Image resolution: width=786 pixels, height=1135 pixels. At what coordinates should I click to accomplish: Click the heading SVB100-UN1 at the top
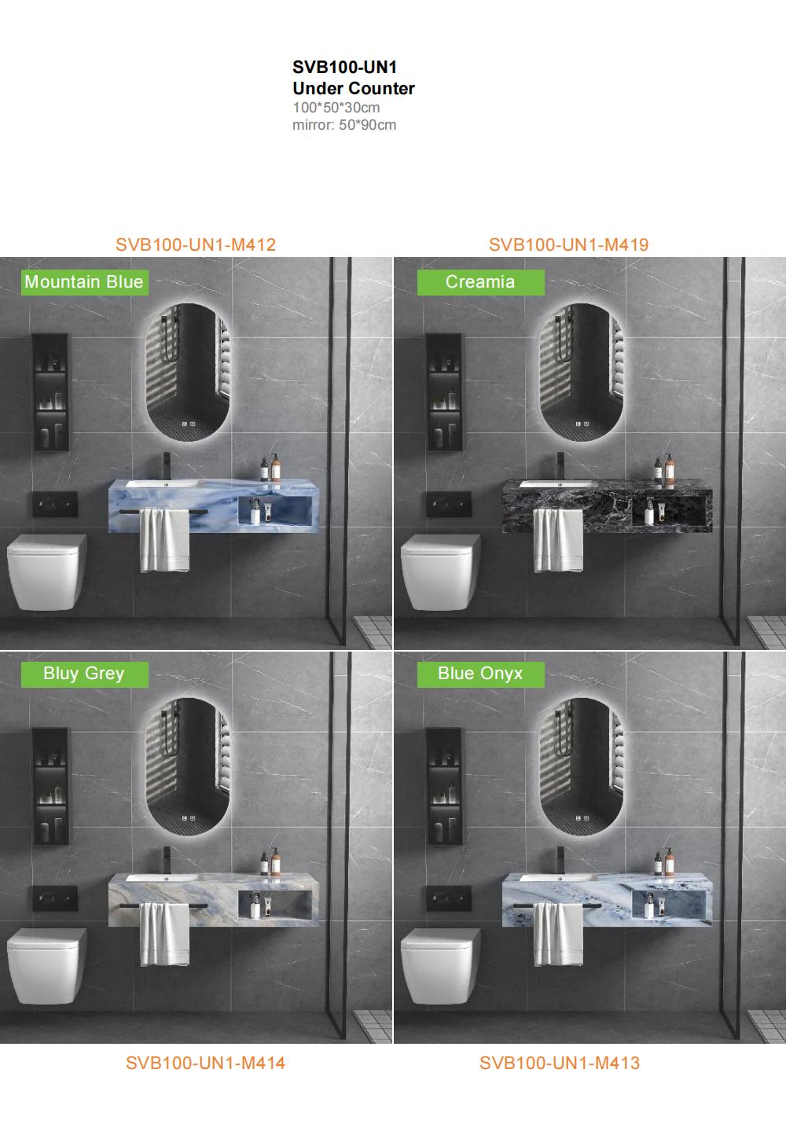pyautogui.click(x=344, y=68)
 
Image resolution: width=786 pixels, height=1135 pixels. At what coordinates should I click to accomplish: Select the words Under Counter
pyautogui.click(x=353, y=89)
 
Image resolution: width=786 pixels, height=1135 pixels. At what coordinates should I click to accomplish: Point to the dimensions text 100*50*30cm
pyautogui.click(x=336, y=108)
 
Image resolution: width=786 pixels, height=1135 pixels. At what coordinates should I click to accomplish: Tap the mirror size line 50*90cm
pyautogui.click(x=367, y=125)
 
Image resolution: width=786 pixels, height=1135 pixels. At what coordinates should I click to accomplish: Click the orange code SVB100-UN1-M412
pyautogui.click(x=196, y=244)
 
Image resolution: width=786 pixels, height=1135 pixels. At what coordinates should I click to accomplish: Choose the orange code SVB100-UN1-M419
pyautogui.click(x=568, y=244)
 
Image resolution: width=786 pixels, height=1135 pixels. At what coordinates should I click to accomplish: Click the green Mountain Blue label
pyautogui.click(x=85, y=282)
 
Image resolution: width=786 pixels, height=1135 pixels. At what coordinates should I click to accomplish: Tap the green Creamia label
pyautogui.click(x=480, y=282)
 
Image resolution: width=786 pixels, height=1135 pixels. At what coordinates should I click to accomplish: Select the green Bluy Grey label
pyautogui.click(x=85, y=674)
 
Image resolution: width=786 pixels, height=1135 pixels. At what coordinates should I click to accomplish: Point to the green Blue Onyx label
pyautogui.click(x=480, y=674)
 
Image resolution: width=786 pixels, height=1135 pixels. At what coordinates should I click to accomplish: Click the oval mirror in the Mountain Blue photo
pyautogui.click(x=188, y=373)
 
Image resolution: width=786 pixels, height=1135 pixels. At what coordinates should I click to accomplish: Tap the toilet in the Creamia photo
pyautogui.click(x=440, y=572)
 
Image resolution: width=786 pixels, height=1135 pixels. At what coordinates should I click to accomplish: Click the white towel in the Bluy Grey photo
pyautogui.click(x=165, y=934)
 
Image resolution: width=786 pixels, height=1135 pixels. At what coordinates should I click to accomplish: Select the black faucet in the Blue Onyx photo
pyautogui.click(x=560, y=859)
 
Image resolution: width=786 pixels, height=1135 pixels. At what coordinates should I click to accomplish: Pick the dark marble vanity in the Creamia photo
pyautogui.click(x=607, y=505)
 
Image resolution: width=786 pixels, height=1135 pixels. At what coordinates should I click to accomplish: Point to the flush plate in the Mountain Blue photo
pyautogui.click(x=55, y=504)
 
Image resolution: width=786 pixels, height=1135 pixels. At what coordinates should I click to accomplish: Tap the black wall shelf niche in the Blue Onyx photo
pyautogui.click(x=444, y=786)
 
